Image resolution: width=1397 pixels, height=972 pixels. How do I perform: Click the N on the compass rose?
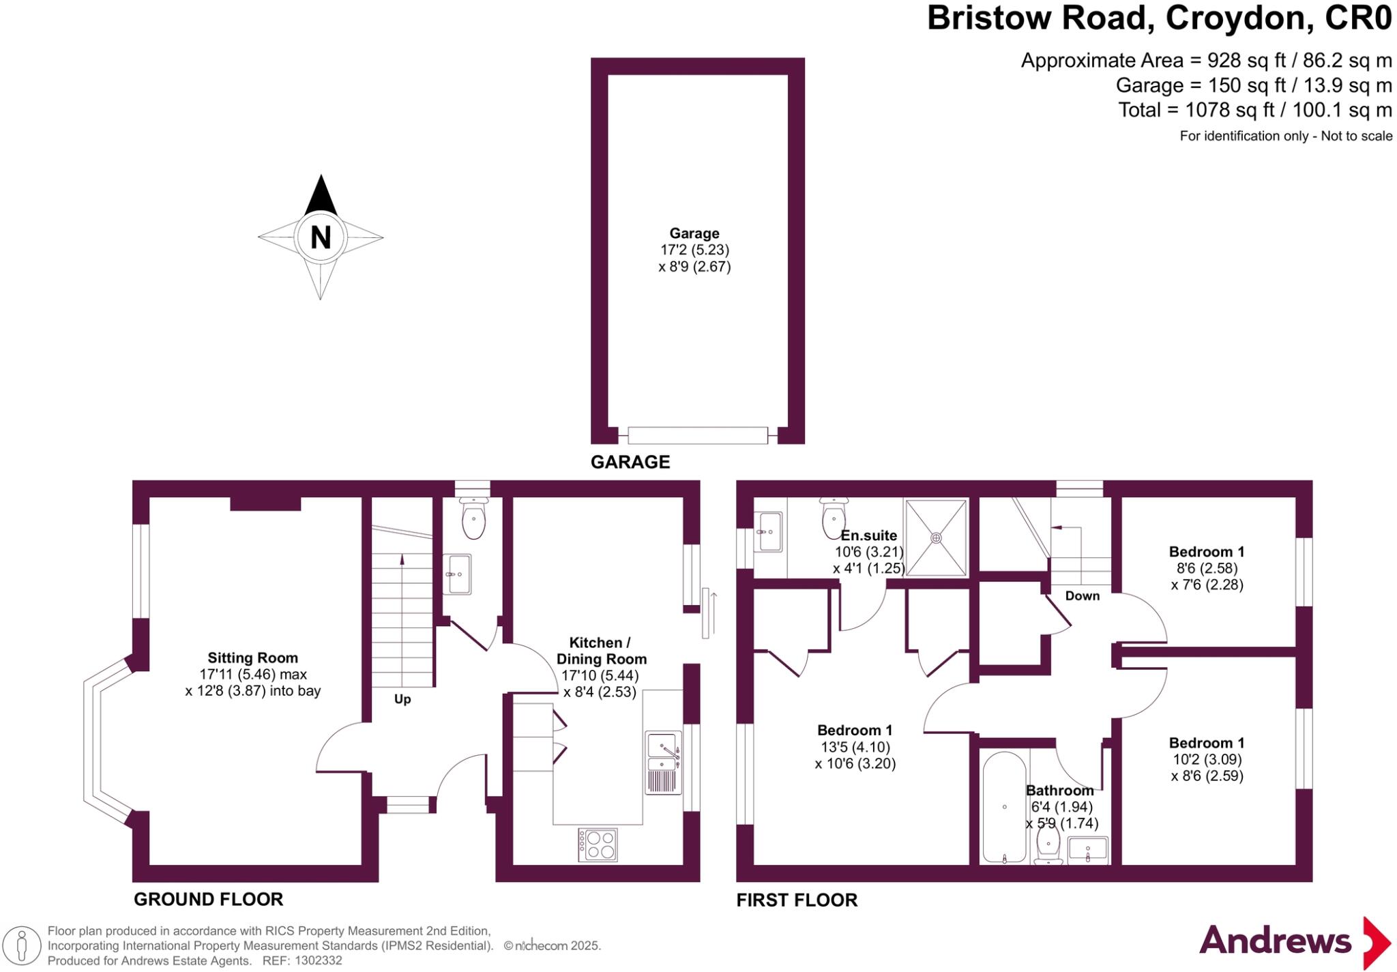tap(321, 237)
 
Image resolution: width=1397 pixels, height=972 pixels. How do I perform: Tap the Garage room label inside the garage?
tap(694, 234)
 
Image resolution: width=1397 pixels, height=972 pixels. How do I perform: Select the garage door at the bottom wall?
tap(697, 435)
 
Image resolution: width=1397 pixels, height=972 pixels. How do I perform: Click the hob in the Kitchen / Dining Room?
tap(598, 844)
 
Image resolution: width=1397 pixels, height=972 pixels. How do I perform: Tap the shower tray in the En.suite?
tap(936, 537)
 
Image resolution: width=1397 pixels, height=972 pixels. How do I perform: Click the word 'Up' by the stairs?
tap(402, 699)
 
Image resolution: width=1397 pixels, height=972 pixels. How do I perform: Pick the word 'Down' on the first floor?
tap(1082, 595)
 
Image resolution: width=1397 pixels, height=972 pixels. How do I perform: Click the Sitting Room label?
tap(252, 658)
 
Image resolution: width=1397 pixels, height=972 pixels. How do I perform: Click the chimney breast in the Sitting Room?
tap(265, 503)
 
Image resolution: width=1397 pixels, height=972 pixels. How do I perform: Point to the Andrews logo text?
tap(1275, 942)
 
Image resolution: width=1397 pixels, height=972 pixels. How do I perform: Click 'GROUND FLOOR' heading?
tap(208, 899)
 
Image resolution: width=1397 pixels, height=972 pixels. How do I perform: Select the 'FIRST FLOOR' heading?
tap(797, 900)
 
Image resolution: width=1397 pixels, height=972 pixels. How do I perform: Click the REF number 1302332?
tap(318, 960)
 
